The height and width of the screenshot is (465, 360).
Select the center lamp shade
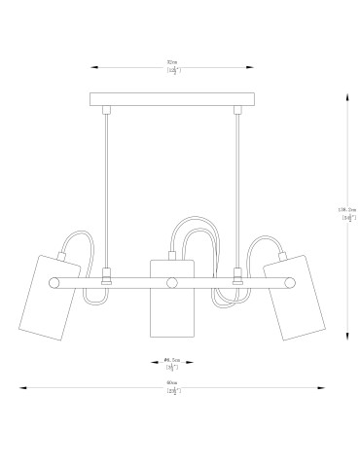tap(171, 298)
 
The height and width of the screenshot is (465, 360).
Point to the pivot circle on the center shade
tap(171, 283)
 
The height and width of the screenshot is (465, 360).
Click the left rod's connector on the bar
tap(106, 276)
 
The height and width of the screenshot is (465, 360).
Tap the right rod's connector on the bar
tap(235, 276)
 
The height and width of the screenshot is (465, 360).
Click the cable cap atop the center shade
tap(171, 256)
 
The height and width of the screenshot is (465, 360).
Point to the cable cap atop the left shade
tap(66, 257)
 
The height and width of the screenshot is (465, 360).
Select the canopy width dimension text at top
tap(171, 67)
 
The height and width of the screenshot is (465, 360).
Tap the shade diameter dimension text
tap(171, 366)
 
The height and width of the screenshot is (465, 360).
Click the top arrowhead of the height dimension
tap(347, 96)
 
